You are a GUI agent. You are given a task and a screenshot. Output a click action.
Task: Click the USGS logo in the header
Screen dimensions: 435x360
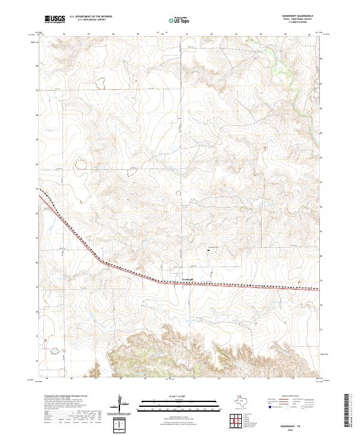55,19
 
